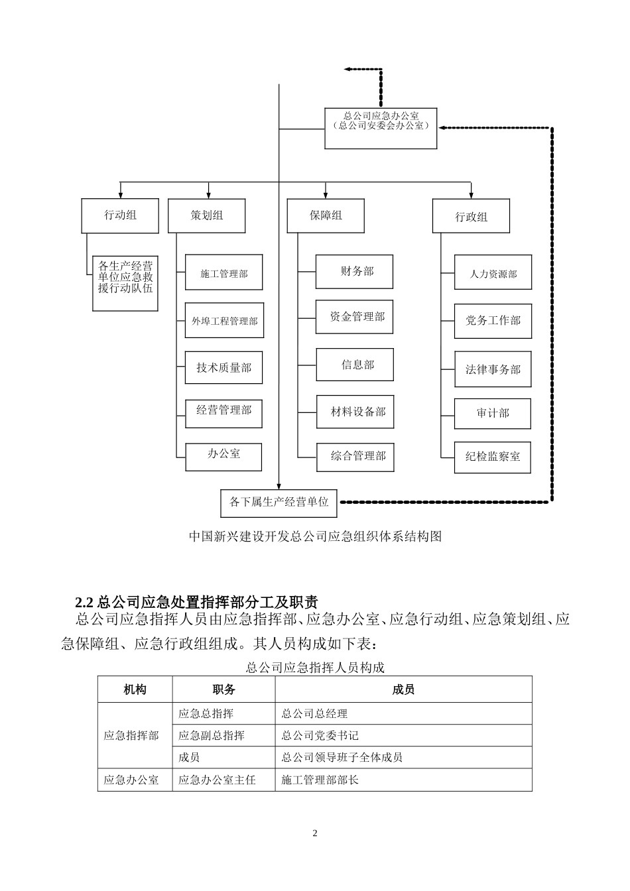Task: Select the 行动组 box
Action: point(120,215)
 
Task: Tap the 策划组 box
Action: point(206,215)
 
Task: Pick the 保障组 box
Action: point(326,215)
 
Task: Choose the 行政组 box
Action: point(471,217)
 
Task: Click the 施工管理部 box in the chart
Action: point(224,273)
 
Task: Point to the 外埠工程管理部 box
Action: point(224,321)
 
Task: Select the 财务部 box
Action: point(354,271)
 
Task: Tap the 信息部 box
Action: point(355,365)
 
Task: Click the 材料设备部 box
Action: point(355,412)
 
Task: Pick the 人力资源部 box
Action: point(493,273)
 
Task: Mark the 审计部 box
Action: point(493,413)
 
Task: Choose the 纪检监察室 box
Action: point(493,456)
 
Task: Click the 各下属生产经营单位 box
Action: point(279,503)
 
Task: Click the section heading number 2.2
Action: point(85,602)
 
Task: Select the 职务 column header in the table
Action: point(223,689)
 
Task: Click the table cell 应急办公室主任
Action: point(217,780)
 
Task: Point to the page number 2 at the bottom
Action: point(315,833)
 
